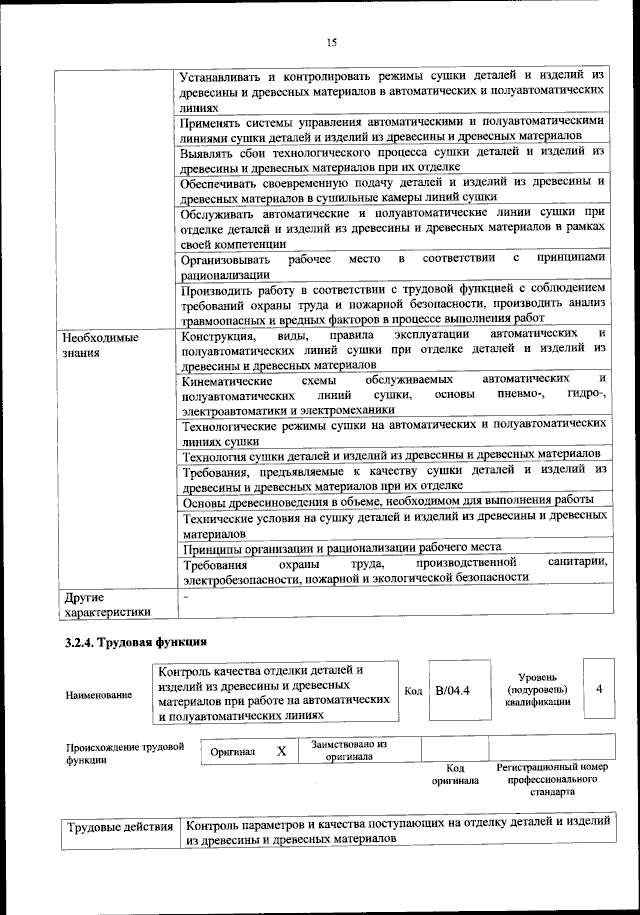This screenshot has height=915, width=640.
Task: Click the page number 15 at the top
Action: click(x=331, y=41)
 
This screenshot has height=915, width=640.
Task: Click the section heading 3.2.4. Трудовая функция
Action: click(x=135, y=641)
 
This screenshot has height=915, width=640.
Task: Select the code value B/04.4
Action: click(x=453, y=690)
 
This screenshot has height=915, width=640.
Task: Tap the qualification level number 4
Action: click(x=598, y=689)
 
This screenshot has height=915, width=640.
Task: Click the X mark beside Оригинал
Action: click(x=282, y=750)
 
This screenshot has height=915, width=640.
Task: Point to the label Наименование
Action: click(x=99, y=694)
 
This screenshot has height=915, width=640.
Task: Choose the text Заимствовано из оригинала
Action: click(x=349, y=750)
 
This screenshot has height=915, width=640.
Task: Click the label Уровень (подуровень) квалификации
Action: click(x=538, y=689)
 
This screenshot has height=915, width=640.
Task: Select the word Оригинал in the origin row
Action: click(x=233, y=751)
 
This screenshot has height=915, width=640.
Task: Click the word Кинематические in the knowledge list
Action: click(x=228, y=381)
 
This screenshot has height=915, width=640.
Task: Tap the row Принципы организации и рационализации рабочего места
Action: click(x=354, y=549)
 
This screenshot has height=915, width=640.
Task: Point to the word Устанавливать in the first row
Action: click(x=228, y=76)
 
